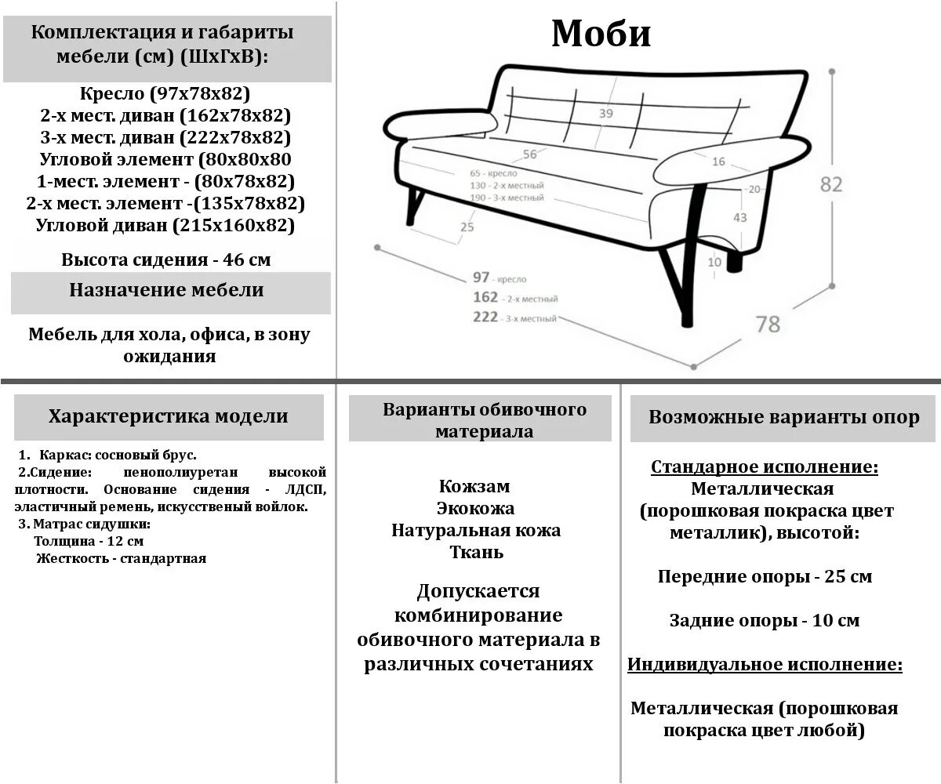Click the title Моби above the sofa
(601, 34)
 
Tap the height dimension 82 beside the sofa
(831, 184)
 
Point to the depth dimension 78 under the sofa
(768, 323)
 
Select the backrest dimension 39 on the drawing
(605, 114)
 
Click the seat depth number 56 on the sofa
(530, 154)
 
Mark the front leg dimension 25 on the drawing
(467, 227)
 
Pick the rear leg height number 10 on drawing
(714, 263)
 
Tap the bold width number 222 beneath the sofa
(485, 317)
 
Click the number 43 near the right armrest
(739, 217)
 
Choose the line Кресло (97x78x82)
(165, 94)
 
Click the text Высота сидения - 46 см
(166, 260)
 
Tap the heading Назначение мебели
(166, 290)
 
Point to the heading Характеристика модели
(168, 416)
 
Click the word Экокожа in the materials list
(475, 508)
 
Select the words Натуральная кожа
(476, 530)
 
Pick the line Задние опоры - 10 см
(765, 621)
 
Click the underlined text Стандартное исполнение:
(765, 467)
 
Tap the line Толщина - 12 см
(89, 541)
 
